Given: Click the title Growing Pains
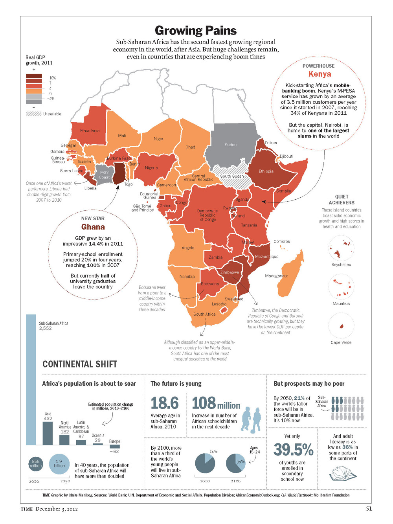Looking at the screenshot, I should click(196, 30).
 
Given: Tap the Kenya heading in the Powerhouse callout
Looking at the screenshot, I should click(320, 74).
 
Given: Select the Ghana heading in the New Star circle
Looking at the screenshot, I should click(93, 227).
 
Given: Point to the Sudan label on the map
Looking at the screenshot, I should click(231, 145).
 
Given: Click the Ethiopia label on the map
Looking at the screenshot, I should click(266, 171).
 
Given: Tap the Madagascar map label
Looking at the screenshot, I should click(276, 276).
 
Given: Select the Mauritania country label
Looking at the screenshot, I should click(90, 131).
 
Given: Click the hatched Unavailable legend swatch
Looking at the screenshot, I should click(33, 114).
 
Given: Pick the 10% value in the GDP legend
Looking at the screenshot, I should click(53, 78).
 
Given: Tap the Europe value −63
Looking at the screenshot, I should click(114, 451).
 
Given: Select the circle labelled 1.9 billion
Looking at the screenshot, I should click(59, 464).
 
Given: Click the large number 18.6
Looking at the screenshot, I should click(165, 403).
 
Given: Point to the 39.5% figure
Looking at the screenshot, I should click(293, 449).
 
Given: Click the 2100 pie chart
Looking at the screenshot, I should click(236, 463).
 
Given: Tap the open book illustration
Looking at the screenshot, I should click(342, 473).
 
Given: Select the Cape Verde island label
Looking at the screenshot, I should click(341, 342).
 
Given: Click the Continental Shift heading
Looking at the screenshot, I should click(80, 364).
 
